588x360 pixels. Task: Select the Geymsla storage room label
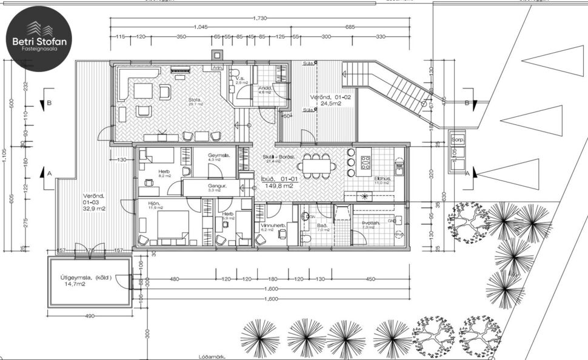219,156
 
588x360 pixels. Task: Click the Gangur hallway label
217,187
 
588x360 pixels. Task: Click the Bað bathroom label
322,226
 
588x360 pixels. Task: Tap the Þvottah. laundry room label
371,224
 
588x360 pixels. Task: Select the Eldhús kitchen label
382,179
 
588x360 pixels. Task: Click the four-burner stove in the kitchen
366,162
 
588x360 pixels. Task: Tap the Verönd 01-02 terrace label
330,100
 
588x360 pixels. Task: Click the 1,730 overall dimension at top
259,19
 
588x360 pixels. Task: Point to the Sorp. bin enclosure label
457,139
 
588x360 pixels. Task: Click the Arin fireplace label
216,68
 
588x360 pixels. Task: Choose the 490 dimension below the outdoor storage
89,316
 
